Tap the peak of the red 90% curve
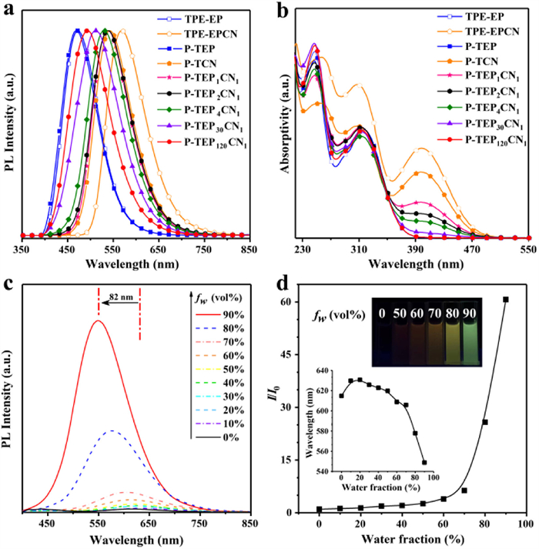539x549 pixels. pos(98,320)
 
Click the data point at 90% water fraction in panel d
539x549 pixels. pos(506,300)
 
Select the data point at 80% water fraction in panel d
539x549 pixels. pos(485,422)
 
